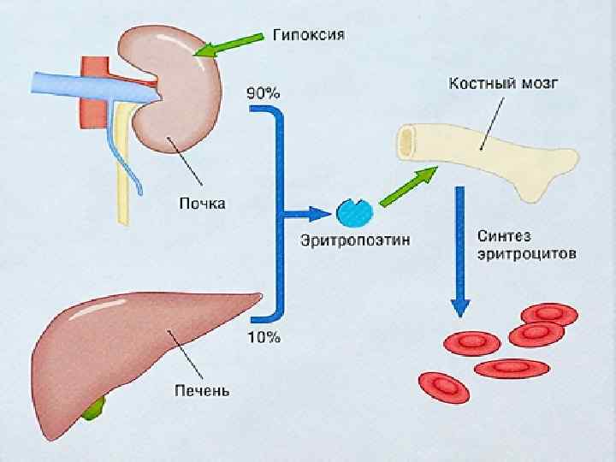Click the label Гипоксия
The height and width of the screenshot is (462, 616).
pos(309,35)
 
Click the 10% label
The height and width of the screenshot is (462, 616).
pos(264,336)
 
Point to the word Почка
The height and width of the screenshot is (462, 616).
pos(202,204)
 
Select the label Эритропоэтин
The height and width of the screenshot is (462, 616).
pos(355,241)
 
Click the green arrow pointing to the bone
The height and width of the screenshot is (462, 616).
pos(406,187)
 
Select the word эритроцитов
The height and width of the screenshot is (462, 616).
pos(520,254)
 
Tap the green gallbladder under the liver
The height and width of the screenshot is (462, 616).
pos(93,409)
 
